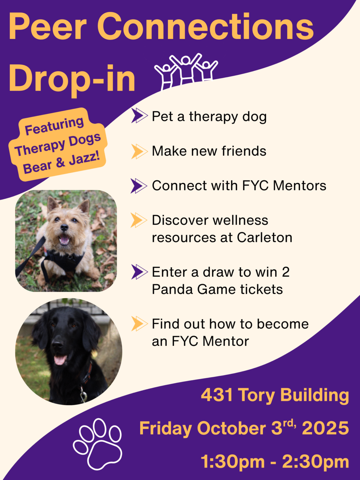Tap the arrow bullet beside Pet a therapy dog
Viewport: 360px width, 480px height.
point(139,116)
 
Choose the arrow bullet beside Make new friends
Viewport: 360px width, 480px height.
point(139,151)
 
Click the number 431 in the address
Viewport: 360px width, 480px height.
point(217,395)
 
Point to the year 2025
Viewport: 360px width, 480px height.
point(325,428)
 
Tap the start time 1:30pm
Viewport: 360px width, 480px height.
point(232,462)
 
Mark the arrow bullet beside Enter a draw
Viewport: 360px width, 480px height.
point(139,272)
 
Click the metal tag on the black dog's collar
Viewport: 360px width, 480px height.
point(83,396)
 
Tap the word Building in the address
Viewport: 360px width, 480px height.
point(315,396)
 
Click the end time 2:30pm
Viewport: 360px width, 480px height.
point(315,462)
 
